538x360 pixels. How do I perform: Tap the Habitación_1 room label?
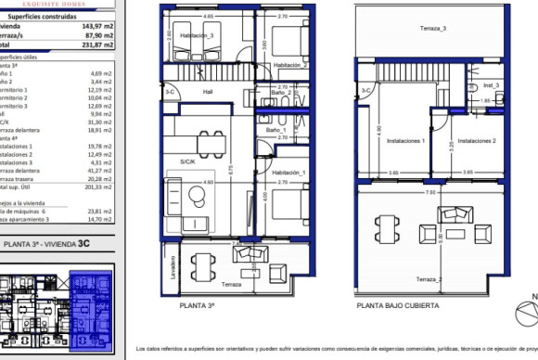289,174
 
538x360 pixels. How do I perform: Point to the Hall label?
208,91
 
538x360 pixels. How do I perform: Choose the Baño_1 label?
274,131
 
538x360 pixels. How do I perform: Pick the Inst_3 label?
491,85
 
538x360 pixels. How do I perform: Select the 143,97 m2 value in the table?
96,26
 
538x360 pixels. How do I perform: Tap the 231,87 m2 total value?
96,43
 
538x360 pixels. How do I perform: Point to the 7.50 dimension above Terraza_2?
430,193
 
